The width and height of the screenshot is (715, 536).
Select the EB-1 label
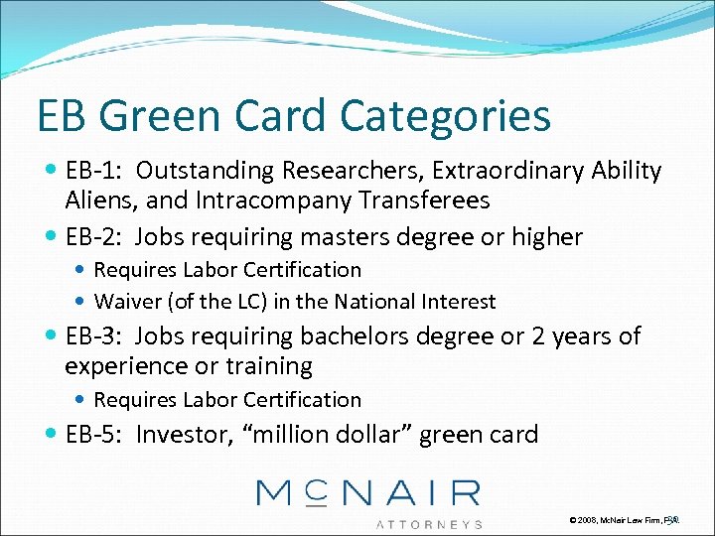tap(94, 171)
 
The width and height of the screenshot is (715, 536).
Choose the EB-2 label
tap(95, 237)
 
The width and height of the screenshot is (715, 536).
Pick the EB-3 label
tap(95, 336)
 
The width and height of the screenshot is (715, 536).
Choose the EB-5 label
tap(95, 434)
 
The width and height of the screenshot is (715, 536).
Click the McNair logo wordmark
tap(367, 492)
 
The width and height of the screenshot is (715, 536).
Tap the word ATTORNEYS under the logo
tap(429, 523)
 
